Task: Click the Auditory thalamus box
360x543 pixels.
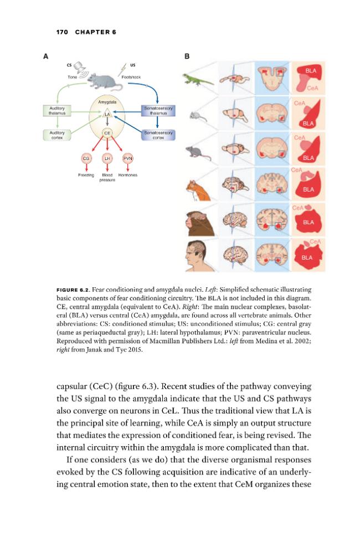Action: (x=57, y=111)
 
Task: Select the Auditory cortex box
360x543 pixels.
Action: (x=57, y=135)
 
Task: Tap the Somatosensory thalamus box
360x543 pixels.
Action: (x=158, y=111)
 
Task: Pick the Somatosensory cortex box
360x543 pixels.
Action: (x=158, y=135)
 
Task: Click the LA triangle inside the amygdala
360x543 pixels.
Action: (x=107, y=113)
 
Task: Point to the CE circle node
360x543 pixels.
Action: (x=107, y=133)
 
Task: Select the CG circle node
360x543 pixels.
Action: (x=86, y=158)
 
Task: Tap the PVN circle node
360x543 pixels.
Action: (x=128, y=158)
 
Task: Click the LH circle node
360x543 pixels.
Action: (x=107, y=158)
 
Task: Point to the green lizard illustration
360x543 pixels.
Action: (x=198, y=79)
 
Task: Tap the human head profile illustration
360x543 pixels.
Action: (x=196, y=256)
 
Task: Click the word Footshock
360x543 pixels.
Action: (x=131, y=77)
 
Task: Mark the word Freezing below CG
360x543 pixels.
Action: (x=86, y=175)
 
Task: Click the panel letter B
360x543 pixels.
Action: (x=187, y=56)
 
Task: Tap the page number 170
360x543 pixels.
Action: (x=62, y=32)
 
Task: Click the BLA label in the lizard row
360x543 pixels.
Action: (x=311, y=71)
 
